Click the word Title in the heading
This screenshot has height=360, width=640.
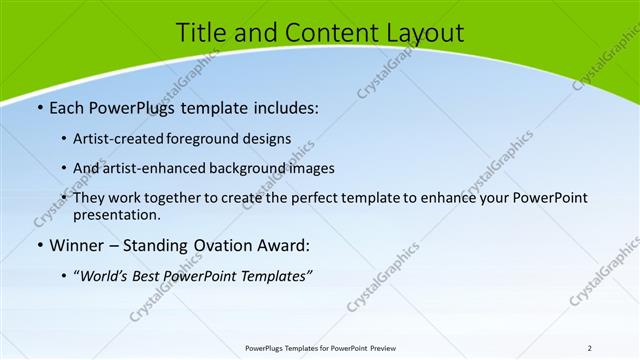click(199, 33)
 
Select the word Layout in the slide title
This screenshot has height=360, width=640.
click(425, 33)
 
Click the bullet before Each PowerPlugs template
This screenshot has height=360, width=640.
click(38, 106)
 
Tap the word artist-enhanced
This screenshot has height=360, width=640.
click(151, 168)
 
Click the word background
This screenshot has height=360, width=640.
click(243, 168)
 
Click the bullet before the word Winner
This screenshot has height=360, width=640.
click(38, 244)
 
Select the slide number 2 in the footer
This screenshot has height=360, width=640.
click(590, 347)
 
